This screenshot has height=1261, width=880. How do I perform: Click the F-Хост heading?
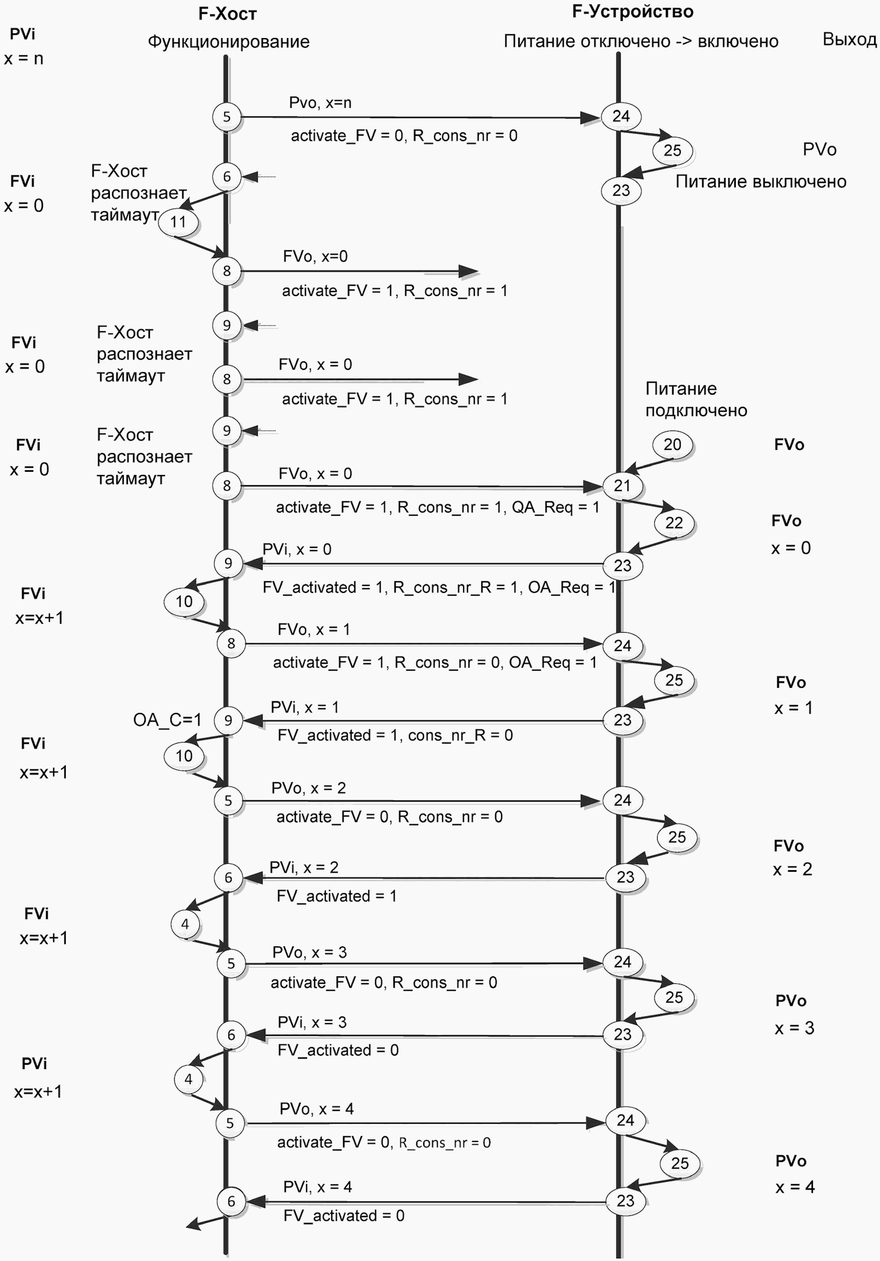point(227,14)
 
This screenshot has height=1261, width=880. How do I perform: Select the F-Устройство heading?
point(632,12)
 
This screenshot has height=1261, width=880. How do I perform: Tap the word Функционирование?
point(228,42)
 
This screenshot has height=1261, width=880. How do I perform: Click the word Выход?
point(849,40)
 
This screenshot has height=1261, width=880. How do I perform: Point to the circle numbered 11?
point(178,222)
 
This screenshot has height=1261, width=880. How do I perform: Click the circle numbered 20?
point(673,444)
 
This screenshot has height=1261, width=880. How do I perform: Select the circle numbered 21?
point(622,486)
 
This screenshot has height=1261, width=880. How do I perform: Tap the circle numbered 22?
point(674,523)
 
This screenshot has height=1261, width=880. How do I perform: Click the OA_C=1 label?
point(167,719)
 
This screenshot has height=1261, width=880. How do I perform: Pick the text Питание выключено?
point(761,181)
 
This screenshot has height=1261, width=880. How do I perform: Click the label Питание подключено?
point(696,399)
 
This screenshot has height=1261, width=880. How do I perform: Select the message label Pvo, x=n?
point(320,103)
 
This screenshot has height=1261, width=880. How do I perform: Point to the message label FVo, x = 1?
point(314,629)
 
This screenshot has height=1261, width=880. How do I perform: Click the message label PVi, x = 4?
point(317,1187)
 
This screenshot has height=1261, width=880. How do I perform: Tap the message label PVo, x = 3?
point(310,952)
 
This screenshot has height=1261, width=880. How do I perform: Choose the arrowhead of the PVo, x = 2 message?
point(591,802)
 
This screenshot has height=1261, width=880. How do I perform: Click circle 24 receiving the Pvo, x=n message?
point(621,116)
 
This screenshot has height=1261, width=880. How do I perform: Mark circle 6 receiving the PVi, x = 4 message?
point(231,1201)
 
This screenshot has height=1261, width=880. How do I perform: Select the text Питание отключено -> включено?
point(641,41)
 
